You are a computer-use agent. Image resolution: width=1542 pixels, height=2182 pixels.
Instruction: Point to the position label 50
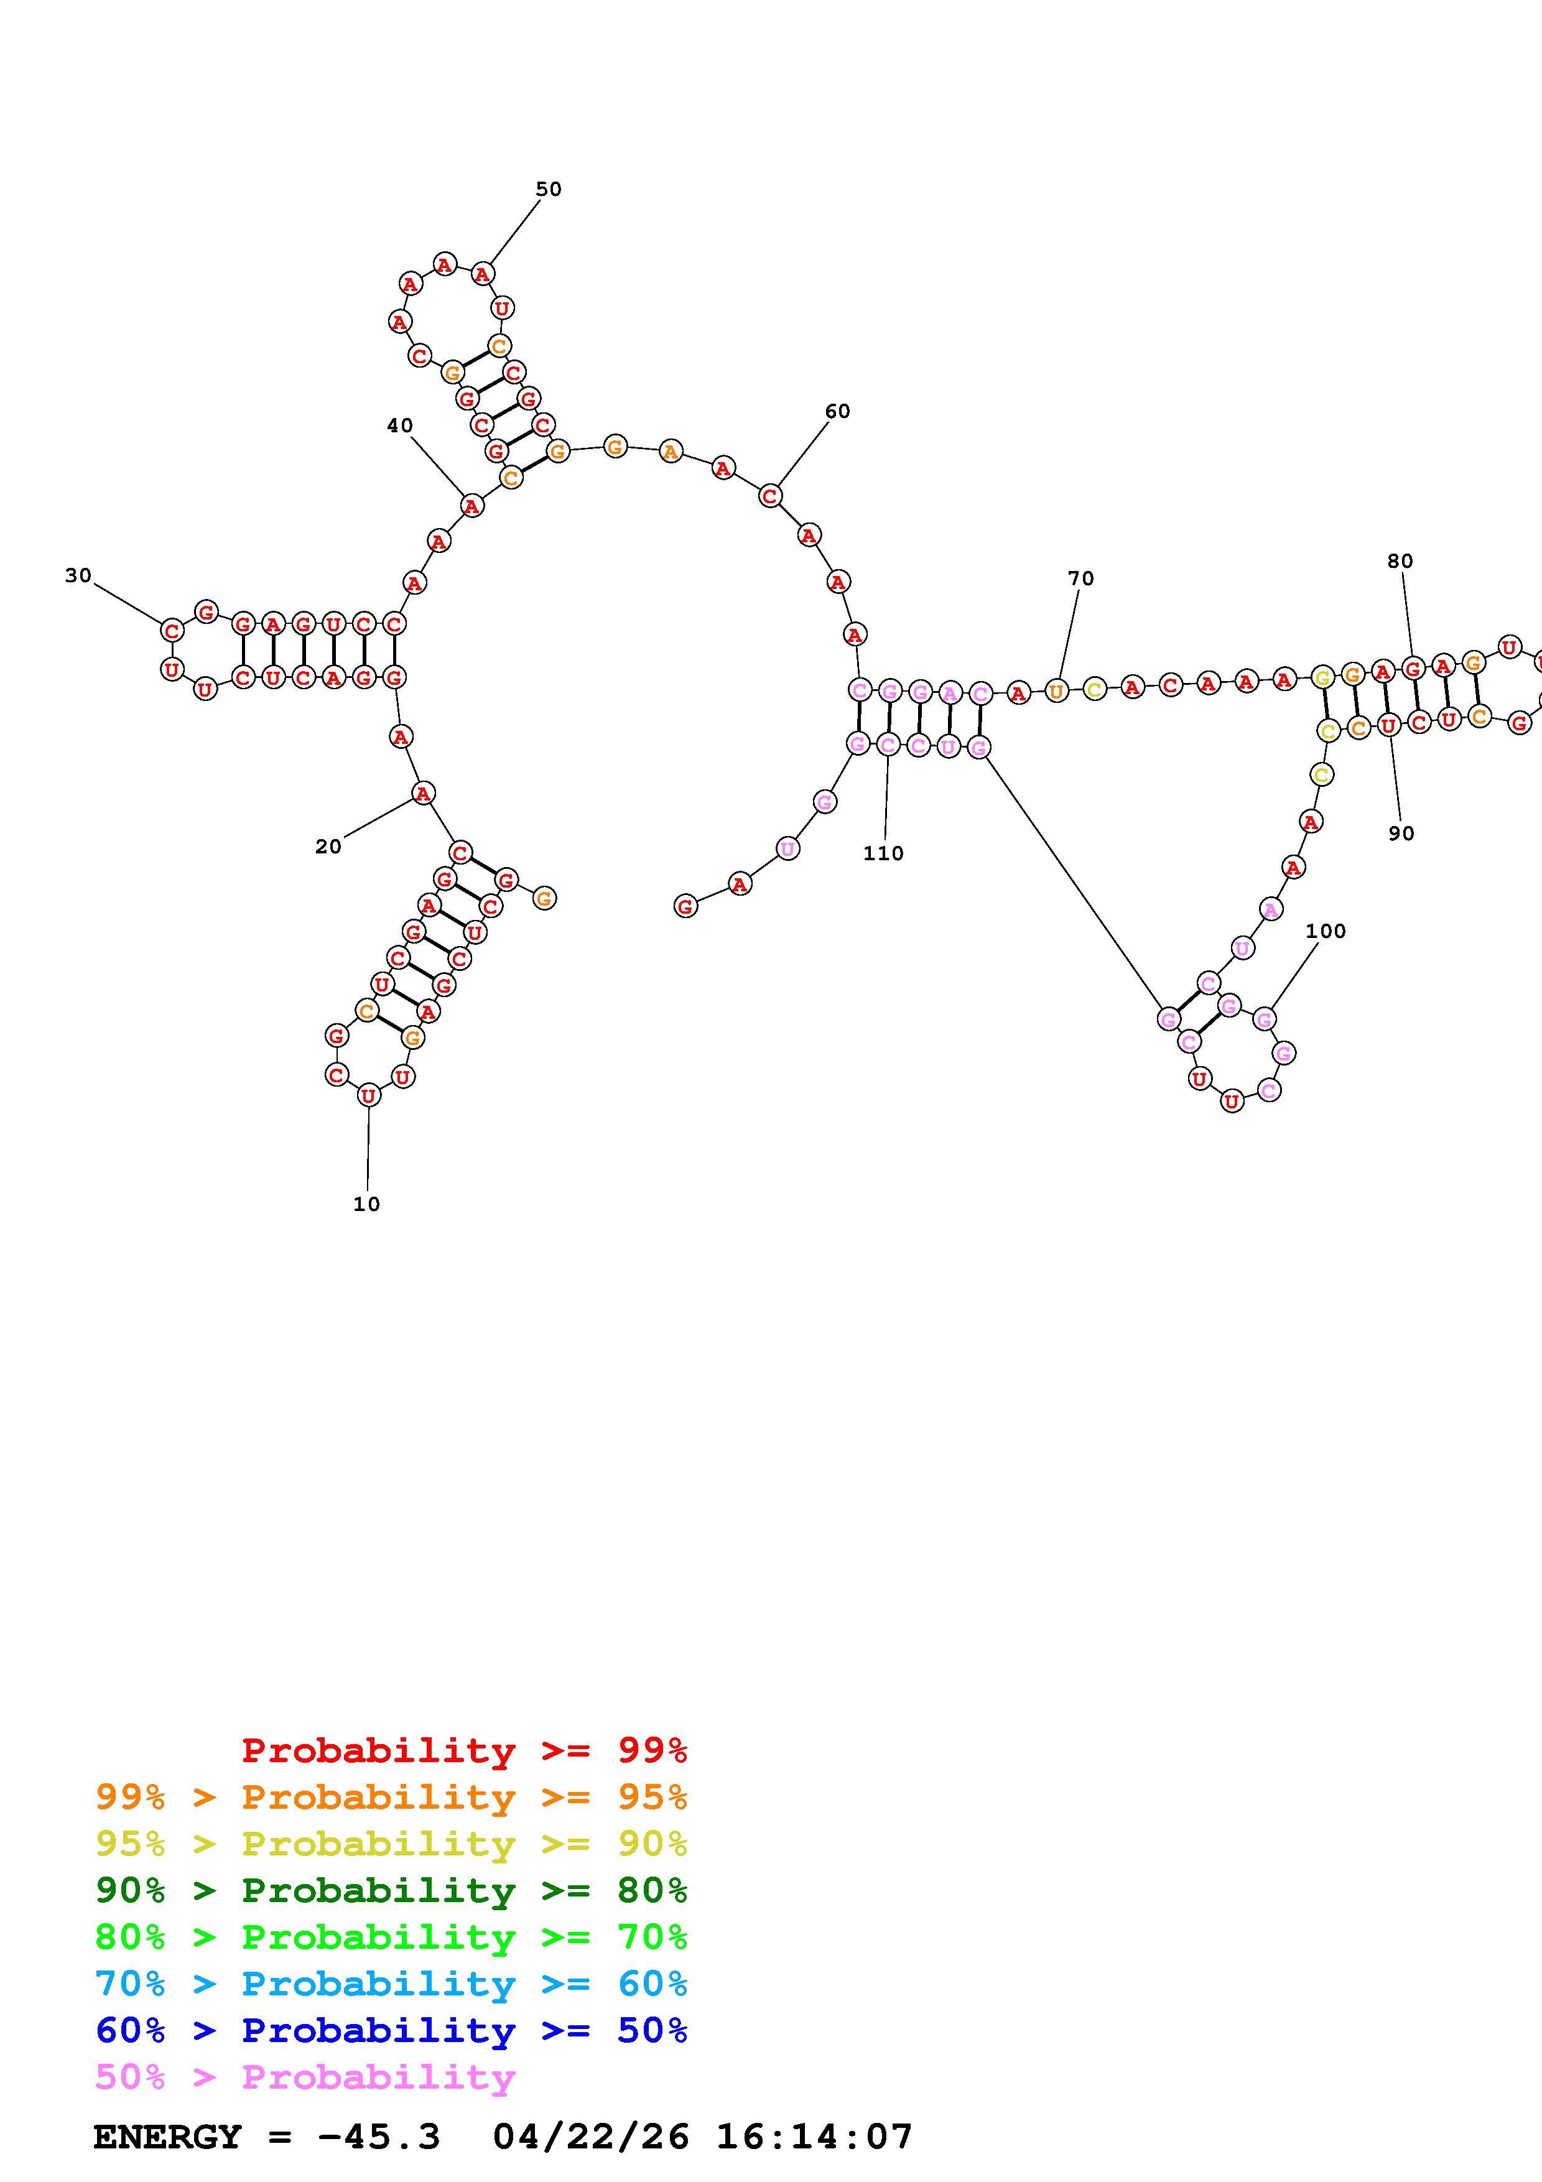(x=548, y=189)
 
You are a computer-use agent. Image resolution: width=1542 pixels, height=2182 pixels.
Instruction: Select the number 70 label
(x=1080, y=578)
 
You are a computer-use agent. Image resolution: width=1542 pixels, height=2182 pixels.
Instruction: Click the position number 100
(x=1326, y=931)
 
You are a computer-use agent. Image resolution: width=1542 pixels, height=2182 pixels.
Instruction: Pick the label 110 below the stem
(x=883, y=853)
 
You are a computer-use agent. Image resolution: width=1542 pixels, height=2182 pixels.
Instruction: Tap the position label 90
(x=1400, y=833)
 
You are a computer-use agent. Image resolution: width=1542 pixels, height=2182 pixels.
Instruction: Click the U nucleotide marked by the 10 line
(x=369, y=1096)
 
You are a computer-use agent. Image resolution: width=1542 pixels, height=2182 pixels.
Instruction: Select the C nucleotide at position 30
(x=172, y=630)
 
